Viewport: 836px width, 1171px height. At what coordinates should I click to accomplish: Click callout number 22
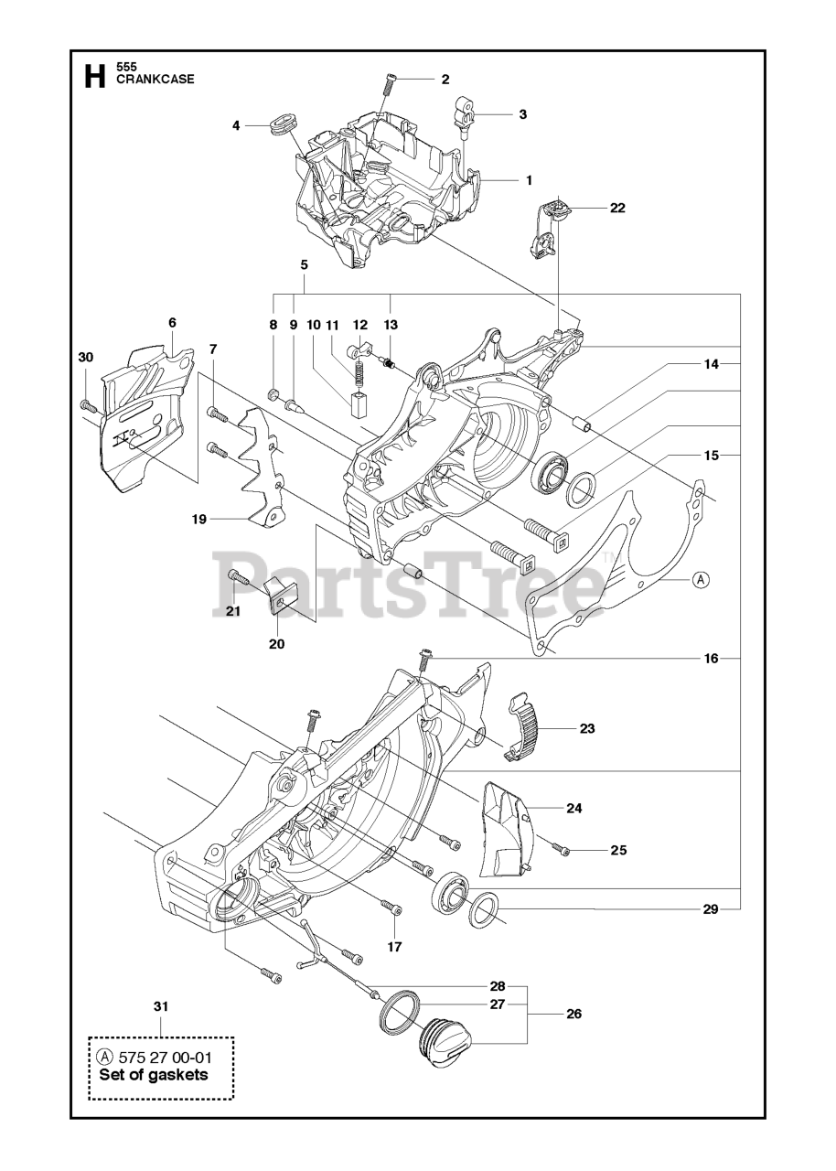(617, 208)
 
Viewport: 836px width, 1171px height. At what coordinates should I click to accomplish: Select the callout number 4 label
(236, 125)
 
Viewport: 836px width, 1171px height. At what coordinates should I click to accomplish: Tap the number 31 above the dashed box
(161, 1006)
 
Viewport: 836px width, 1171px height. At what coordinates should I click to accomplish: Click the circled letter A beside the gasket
(701, 578)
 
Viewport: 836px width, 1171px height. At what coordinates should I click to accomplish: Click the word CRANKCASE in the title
(155, 80)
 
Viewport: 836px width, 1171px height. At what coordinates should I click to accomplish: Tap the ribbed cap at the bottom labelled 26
(442, 1042)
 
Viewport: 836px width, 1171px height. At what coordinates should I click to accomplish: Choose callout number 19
(198, 520)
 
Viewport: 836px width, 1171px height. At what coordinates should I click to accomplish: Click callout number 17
(394, 947)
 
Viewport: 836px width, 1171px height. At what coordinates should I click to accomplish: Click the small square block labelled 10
(356, 402)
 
